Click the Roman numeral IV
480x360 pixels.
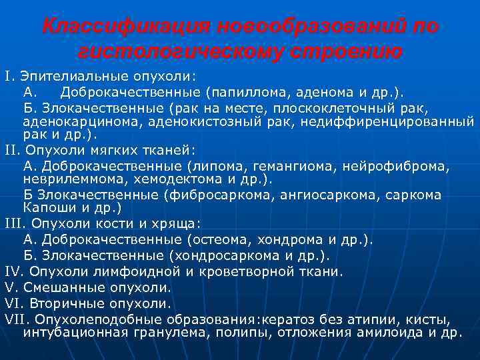pos(13,271)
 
